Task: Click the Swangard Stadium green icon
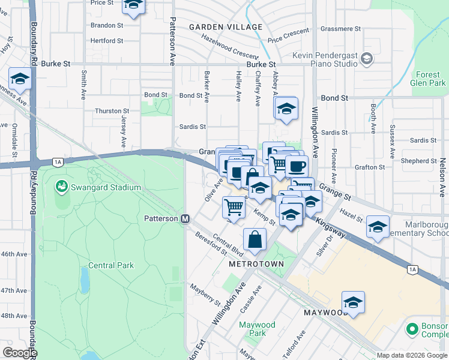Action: [x=61, y=187]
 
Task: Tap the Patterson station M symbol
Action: [x=186, y=219]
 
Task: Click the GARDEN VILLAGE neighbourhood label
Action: [x=226, y=27]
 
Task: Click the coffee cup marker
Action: [x=296, y=165]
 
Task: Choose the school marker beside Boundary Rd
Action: [x=20, y=78]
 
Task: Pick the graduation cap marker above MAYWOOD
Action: [x=354, y=302]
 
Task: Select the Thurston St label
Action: [x=112, y=111]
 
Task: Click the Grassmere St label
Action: [x=340, y=28]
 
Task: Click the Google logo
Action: [x=20, y=353]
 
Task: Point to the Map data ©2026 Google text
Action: [x=412, y=355]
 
